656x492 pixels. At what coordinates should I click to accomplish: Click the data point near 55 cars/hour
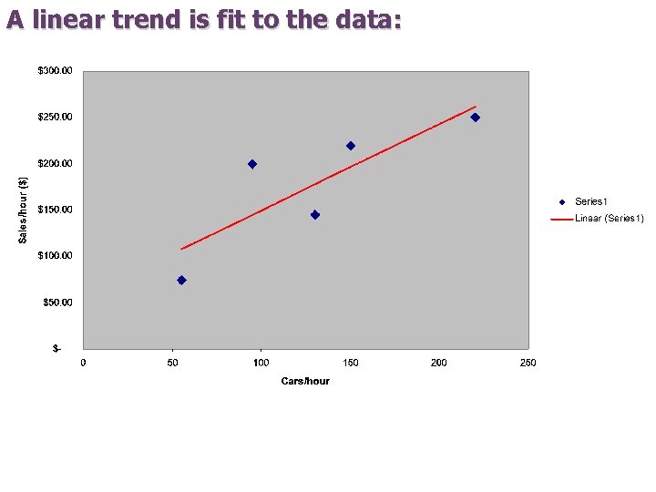(x=181, y=281)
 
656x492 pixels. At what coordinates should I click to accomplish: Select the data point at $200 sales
(x=252, y=164)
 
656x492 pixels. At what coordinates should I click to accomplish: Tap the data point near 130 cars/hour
(x=315, y=215)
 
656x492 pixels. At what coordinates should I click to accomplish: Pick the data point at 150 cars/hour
(x=351, y=146)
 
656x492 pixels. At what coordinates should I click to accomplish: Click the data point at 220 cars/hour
(x=475, y=118)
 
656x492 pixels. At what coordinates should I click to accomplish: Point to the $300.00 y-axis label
(x=56, y=71)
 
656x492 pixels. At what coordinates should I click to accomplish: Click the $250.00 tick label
(x=56, y=118)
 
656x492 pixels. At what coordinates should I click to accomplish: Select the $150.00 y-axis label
(x=56, y=210)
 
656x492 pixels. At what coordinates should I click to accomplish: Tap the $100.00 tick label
(x=56, y=256)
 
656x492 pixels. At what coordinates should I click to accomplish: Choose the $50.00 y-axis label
(x=58, y=302)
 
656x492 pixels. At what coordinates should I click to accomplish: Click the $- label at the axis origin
(x=57, y=348)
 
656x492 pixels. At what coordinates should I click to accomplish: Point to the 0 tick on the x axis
(x=84, y=363)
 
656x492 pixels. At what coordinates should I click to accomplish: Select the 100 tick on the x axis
(x=261, y=363)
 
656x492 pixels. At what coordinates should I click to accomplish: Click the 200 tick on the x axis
(x=439, y=363)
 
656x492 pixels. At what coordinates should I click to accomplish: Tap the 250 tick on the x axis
(x=528, y=363)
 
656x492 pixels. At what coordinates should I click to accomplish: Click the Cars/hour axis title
(x=305, y=381)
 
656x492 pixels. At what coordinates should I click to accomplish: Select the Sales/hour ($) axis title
(x=24, y=209)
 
